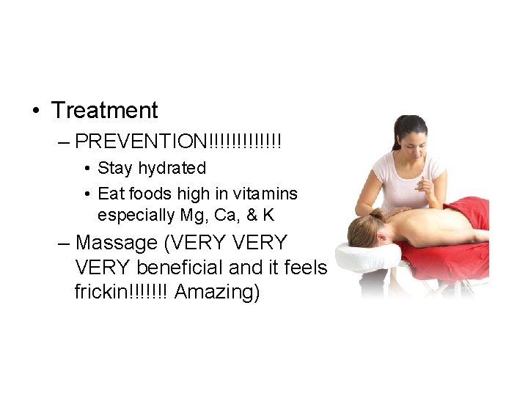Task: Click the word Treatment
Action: tap(105, 111)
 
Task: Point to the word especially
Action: tap(136, 215)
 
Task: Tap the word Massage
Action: tap(116, 242)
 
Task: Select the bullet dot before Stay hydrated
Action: tap(87, 169)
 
